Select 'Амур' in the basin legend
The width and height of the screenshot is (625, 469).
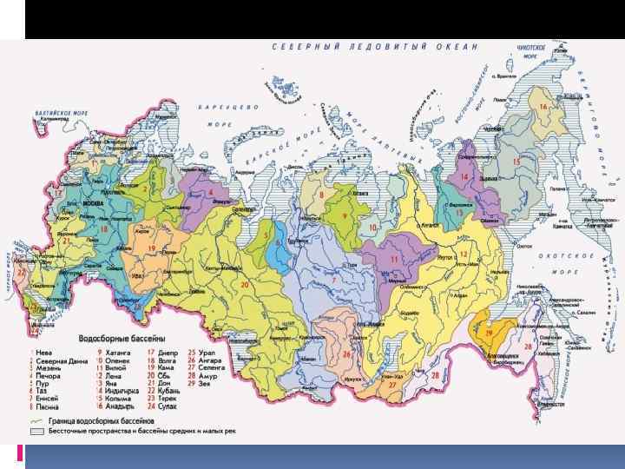tap(211, 375)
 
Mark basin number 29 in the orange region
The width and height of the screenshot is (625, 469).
tap(489, 332)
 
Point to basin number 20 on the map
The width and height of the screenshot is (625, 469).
tap(244, 284)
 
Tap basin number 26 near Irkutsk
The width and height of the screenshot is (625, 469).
tap(345, 354)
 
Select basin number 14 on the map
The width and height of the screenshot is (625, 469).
tap(464, 176)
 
